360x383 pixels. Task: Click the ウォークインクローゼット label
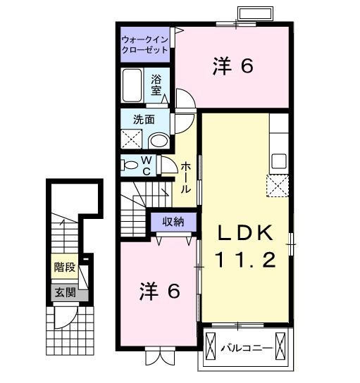(x=144, y=44)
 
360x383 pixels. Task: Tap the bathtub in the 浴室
(x=133, y=85)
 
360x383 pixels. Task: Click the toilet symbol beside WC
(x=131, y=165)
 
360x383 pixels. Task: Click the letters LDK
(x=243, y=233)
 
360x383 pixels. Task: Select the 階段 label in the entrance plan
(x=63, y=268)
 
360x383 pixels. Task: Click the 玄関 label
(x=63, y=292)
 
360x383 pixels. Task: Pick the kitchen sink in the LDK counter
(x=279, y=161)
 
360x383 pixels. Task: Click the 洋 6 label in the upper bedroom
(x=232, y=66)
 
